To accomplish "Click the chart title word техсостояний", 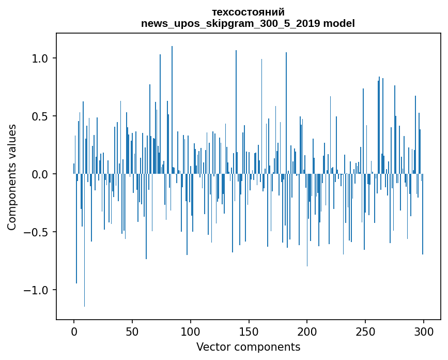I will point(248,12).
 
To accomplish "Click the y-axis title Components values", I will point(12,177).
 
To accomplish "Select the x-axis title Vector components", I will point(248,347).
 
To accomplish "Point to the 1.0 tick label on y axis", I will point(39,58).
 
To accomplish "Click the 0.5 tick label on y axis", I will point(39,116).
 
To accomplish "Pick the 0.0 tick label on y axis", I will point(39,174).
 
